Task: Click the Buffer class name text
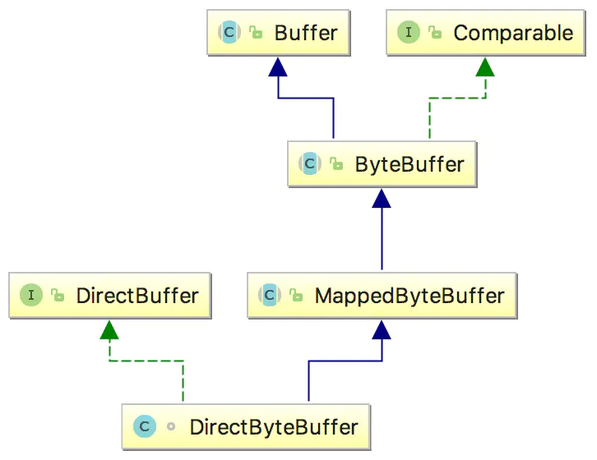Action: click(306, 34)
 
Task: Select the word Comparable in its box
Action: click(513, 34)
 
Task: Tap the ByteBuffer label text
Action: click(409, 163)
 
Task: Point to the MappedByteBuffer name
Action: click(409, 295)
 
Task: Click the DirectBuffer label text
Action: click(137, 295)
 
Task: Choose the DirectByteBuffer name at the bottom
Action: click(274, 427)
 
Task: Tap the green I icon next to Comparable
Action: click(408, 34)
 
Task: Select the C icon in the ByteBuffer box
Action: click(310, 163)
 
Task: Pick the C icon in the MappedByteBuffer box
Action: click(269, 295)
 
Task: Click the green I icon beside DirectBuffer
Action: click(31, 295)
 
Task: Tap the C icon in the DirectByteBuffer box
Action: click(144, 427)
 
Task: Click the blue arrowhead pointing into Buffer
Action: click(278, 67)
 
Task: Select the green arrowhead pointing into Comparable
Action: click(485, 67)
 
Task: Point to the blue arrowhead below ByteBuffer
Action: click(381, 197)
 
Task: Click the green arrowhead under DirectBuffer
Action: click(109, 329)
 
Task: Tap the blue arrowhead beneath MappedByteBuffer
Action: click(381, 329)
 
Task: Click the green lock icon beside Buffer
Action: click(256, 34)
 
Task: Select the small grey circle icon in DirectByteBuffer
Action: click(171, 427)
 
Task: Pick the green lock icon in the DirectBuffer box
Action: click(58, 295)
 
